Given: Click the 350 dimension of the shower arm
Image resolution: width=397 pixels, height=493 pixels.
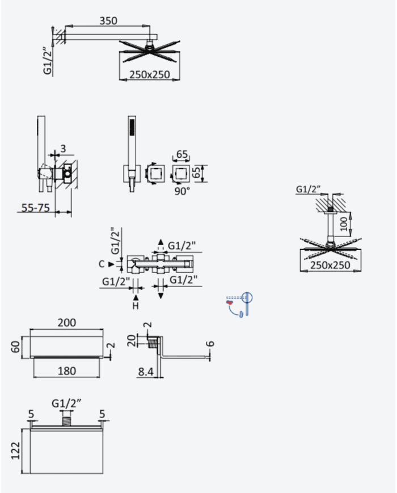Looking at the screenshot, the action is pos(108,20).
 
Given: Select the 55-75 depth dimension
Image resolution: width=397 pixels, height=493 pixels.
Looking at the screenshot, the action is pos(36,208).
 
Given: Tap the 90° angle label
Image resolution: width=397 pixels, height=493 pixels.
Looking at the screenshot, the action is pos(182,191).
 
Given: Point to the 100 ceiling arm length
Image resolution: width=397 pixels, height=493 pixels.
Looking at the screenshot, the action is pos(345,224).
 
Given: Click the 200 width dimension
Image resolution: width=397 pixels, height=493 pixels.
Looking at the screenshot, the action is pos(66,323).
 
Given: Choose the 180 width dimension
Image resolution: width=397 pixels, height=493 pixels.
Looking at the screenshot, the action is pos(66,371).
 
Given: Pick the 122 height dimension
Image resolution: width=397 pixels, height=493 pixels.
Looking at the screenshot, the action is pos(16,450).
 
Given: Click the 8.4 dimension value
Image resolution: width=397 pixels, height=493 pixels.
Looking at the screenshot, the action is pos(146,372).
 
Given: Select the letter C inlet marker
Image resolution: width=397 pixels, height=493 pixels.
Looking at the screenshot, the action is pos(101,264).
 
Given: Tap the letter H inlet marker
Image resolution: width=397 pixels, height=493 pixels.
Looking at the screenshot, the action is pos(136,305).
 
